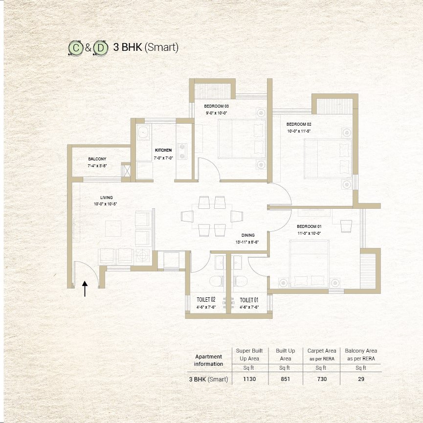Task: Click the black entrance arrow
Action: coord(85,289)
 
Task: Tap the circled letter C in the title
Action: coord(75,48)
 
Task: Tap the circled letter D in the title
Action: coord(100,48)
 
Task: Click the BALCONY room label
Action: coord(97,159)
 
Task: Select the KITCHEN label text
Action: coord(163,150)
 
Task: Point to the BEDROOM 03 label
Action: coord(216,106)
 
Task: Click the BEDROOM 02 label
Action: coord(299,124)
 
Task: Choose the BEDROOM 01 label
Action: coord(309,226)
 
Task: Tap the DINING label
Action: coord(248,235)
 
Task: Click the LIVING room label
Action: coord(100,198)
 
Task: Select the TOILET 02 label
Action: coord(206,299)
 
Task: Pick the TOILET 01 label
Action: coord(249,299)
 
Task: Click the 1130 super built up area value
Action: coord(249,379)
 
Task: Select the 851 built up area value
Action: coord(285,379)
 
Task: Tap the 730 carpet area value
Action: coord(321,379)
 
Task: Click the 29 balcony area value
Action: coord(361,379)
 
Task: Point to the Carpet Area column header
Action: coord(321,351)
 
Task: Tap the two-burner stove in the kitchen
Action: coord(183,151)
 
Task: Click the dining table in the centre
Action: coord(212,216)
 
